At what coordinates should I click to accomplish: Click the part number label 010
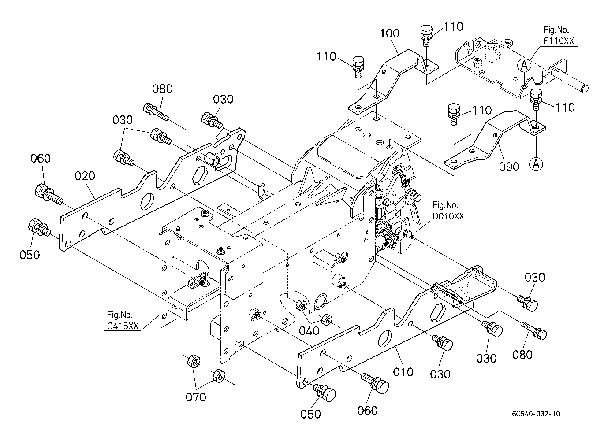[403, 371]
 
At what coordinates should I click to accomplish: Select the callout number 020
[85, 176]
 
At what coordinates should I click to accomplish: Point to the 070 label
[196, 397]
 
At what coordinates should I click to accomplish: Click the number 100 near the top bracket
[390, 33]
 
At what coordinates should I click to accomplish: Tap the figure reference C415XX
[123, 326]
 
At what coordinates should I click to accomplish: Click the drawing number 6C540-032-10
[536, 414]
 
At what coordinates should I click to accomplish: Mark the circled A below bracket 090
[536, 164]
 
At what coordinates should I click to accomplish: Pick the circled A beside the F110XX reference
[524, 65]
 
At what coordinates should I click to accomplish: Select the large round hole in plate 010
[384, 337]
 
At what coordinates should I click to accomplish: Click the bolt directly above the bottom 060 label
[376, 383]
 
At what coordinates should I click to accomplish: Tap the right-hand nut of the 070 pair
[219, 376]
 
